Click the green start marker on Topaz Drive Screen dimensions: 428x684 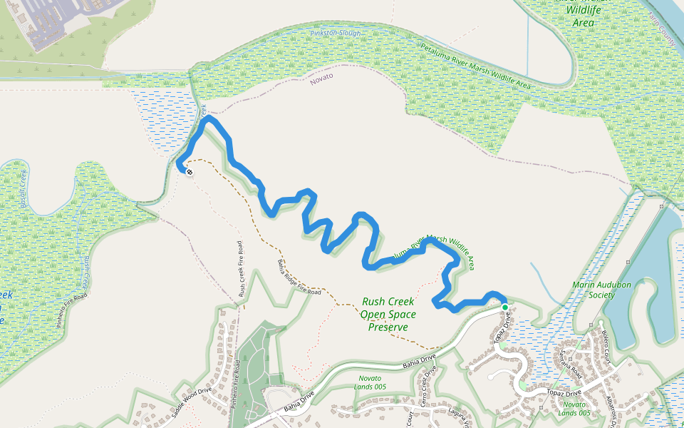[505, 307]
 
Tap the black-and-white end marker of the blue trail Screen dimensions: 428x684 [189, 171]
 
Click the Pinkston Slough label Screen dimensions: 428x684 [336, 34]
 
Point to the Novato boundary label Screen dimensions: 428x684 [322, 78]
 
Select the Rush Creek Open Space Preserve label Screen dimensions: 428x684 [388, 315]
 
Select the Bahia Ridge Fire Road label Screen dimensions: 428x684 [299, 278]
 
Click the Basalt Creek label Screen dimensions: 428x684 [21, 187]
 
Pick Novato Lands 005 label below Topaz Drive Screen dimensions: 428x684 [574, 408]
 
